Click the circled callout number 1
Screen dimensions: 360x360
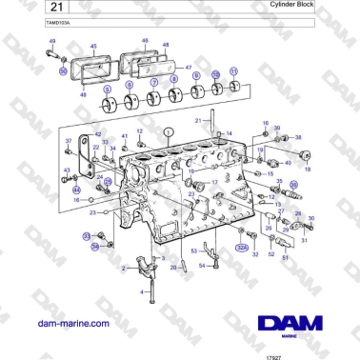point(168,130)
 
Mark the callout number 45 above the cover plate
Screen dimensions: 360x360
point(93,46)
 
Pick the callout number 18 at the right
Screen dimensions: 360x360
point(307,168)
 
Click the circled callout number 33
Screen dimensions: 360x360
point(86,235)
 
